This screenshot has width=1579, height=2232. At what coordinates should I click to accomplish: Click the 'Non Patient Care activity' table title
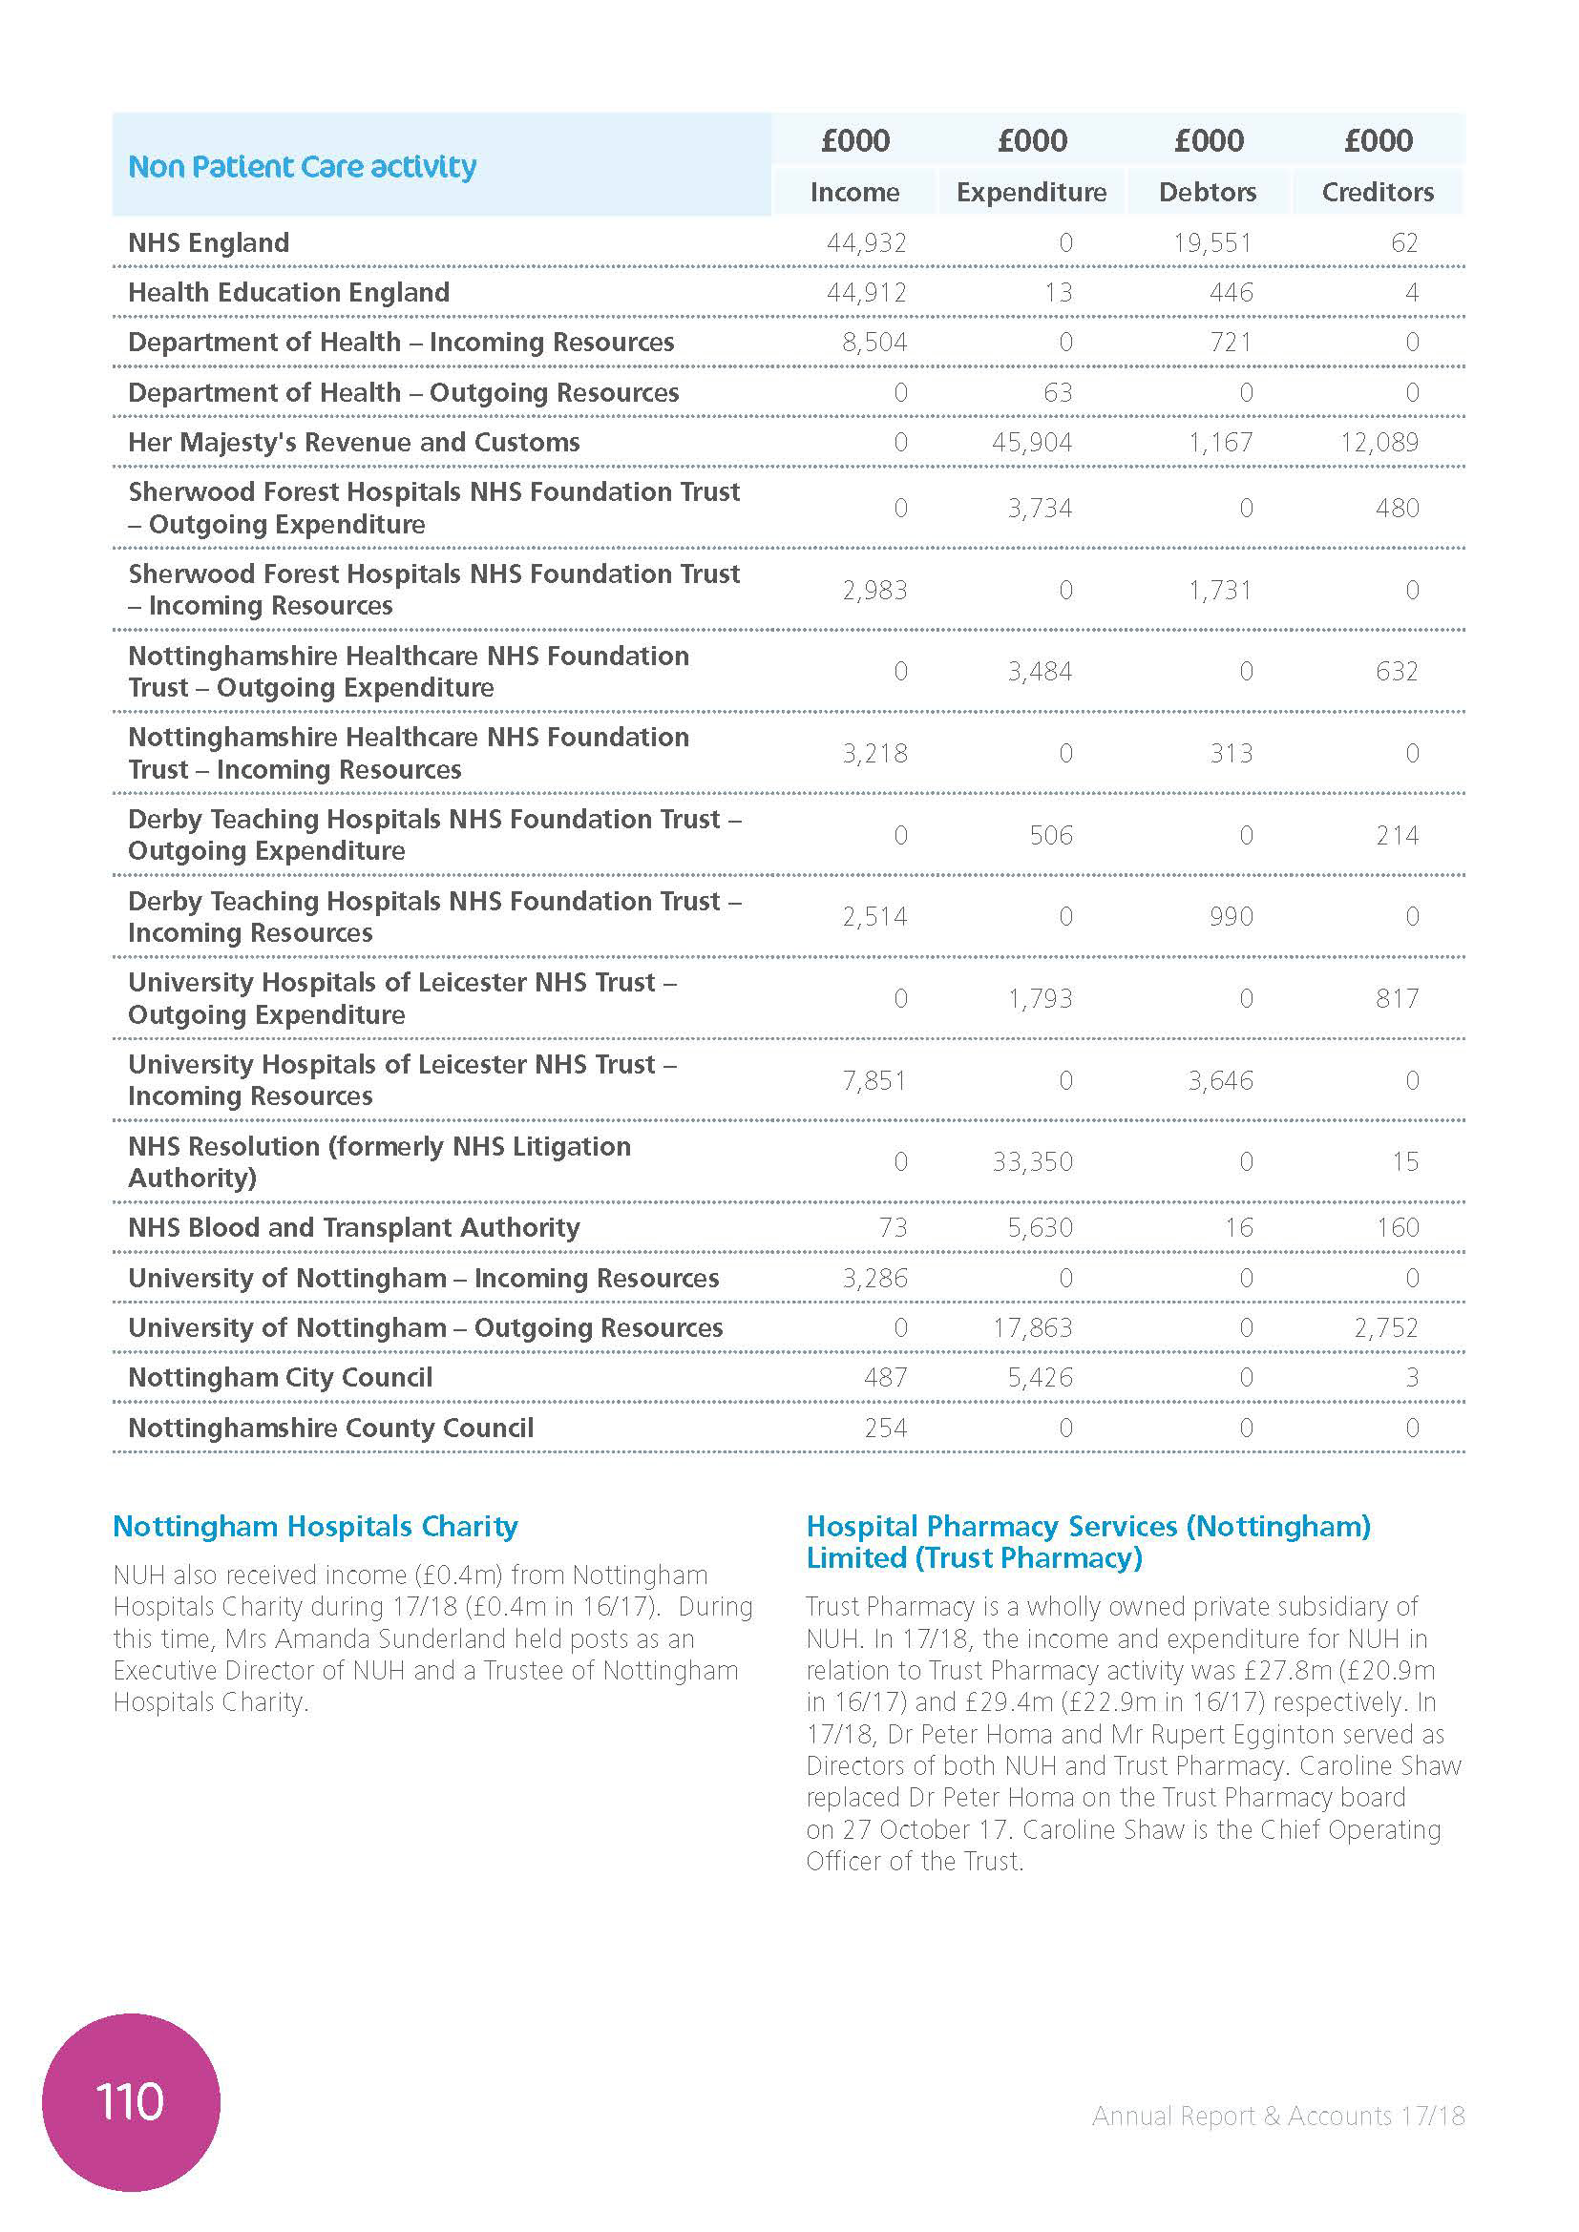[303, 167]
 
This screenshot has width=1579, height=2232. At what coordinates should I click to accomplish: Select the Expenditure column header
[1031, 193]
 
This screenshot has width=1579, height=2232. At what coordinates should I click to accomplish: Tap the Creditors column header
[1377, 193]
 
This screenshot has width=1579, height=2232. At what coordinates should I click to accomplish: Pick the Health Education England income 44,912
[865, 293]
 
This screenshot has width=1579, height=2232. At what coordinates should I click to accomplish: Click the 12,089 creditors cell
[1379, 443]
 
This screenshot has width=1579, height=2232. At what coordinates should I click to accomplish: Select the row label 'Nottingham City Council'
[280, 1378]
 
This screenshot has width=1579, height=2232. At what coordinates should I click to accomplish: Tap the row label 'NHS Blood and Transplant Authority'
[354, 1228]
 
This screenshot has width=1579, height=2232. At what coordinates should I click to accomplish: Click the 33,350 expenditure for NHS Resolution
[1032, 1161]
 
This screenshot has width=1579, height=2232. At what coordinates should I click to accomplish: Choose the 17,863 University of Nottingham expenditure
[1032, 1328]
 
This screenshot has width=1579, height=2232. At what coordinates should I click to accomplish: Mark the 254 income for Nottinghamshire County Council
[885, 1429]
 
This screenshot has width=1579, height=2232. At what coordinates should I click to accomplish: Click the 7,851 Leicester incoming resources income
[874, 1080]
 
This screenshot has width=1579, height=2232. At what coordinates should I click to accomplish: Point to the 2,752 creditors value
[1385, 1328]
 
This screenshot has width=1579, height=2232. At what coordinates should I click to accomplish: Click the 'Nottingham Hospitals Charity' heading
[315, 1526]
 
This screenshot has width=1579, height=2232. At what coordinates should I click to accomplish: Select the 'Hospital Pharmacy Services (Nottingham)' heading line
[1088, 1526]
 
